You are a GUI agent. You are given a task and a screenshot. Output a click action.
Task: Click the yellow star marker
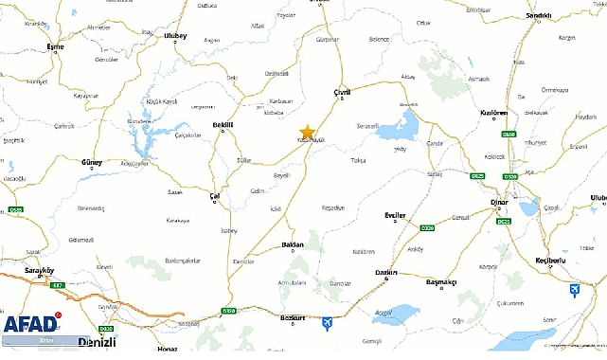coord(307,134)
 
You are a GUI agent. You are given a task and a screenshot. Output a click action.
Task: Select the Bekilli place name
coord(223,124)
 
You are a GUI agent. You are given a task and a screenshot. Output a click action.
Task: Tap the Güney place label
coord(92,162)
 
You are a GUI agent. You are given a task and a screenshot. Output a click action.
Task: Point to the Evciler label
coord(395,215)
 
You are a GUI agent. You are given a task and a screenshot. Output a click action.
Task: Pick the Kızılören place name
coord(495,112)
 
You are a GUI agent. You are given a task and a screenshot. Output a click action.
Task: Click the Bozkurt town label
coord(295,317)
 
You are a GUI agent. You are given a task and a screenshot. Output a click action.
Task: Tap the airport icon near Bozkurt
coord(328,324)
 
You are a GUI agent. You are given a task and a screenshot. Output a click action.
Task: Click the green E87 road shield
coord(58,283)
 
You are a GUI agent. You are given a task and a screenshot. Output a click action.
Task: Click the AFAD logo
coord(31,324)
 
